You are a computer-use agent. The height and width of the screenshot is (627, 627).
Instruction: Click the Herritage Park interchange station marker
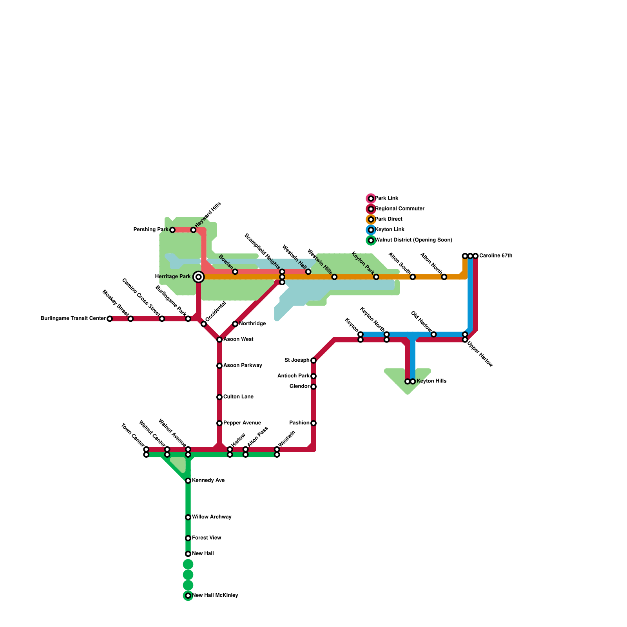click(199, 277)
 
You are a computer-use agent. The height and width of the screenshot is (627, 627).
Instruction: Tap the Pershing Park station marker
click(172, 230)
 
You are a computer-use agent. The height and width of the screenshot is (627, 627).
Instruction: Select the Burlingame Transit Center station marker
click(110, 319)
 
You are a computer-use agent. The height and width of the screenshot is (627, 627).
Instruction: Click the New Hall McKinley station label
click(215, 596)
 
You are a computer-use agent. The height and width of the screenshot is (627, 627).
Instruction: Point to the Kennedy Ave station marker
click(188, 481)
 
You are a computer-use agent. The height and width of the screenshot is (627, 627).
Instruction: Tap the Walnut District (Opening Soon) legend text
click(413, 240)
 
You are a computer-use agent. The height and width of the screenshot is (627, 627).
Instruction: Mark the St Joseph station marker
click(313, 361)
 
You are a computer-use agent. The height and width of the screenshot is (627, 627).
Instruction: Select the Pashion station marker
click(313, 423)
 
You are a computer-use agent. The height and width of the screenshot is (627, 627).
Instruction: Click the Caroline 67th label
click(495, 256)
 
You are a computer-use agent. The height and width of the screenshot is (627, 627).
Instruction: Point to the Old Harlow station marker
click(433, 334)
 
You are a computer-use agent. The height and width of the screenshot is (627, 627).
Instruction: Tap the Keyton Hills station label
click(431, 381)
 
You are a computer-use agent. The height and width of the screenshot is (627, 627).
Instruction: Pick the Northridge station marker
click(235, 324)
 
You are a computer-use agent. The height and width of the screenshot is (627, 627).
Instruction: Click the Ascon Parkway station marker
click(219, 366)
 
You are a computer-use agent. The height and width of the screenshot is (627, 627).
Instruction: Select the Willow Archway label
click(212, 517)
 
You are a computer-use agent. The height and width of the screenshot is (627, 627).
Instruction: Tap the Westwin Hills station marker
click(334, 277)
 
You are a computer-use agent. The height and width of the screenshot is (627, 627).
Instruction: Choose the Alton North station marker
click(444, 277)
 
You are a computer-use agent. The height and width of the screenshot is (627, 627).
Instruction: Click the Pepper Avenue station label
click(242, 423)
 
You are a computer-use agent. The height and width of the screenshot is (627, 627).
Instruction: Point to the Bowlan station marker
click(235, 272)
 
